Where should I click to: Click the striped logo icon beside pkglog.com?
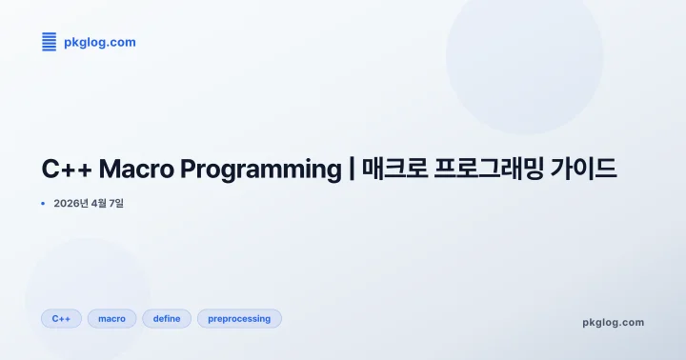point(50,42)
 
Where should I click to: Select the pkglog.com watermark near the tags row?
point(613,322)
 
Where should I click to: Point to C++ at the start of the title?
point(65,170)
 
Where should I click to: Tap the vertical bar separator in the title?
point(352,170)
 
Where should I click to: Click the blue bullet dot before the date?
point(44,204)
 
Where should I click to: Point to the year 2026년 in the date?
point(71,204)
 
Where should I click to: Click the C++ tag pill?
point(61,318)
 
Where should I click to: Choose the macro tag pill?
point(111,318)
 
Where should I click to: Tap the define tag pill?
point(167,318)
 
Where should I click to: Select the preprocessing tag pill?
point(239,318)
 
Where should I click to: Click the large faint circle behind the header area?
point(524,57)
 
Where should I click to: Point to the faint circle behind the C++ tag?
point(86,286)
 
